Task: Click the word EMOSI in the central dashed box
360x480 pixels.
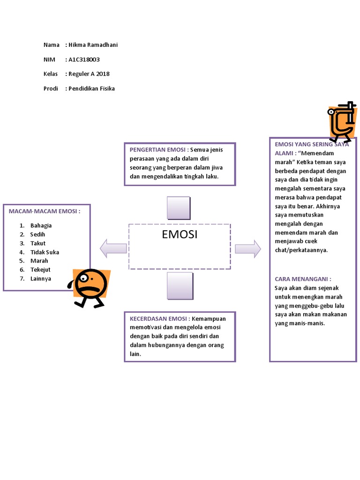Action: [180, 235]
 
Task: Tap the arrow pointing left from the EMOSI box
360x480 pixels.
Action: [113, 248]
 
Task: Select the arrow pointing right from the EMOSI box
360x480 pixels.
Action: [248, 248]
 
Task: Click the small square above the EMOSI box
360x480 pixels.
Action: [179, 208]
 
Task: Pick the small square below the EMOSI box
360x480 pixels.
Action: [180, 285]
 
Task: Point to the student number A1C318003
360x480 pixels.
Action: [84, 60]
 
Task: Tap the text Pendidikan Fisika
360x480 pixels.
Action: [91, 89]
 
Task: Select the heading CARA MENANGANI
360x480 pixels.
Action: [303, 279]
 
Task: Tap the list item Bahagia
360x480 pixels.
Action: [41, 225]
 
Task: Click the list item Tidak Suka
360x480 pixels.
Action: [45, 252]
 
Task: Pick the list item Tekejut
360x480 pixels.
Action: [40, 270]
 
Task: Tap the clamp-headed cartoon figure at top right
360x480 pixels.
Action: [340, 121]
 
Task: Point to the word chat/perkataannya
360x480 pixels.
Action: [301, 250]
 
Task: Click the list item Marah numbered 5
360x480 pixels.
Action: [39, 261]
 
